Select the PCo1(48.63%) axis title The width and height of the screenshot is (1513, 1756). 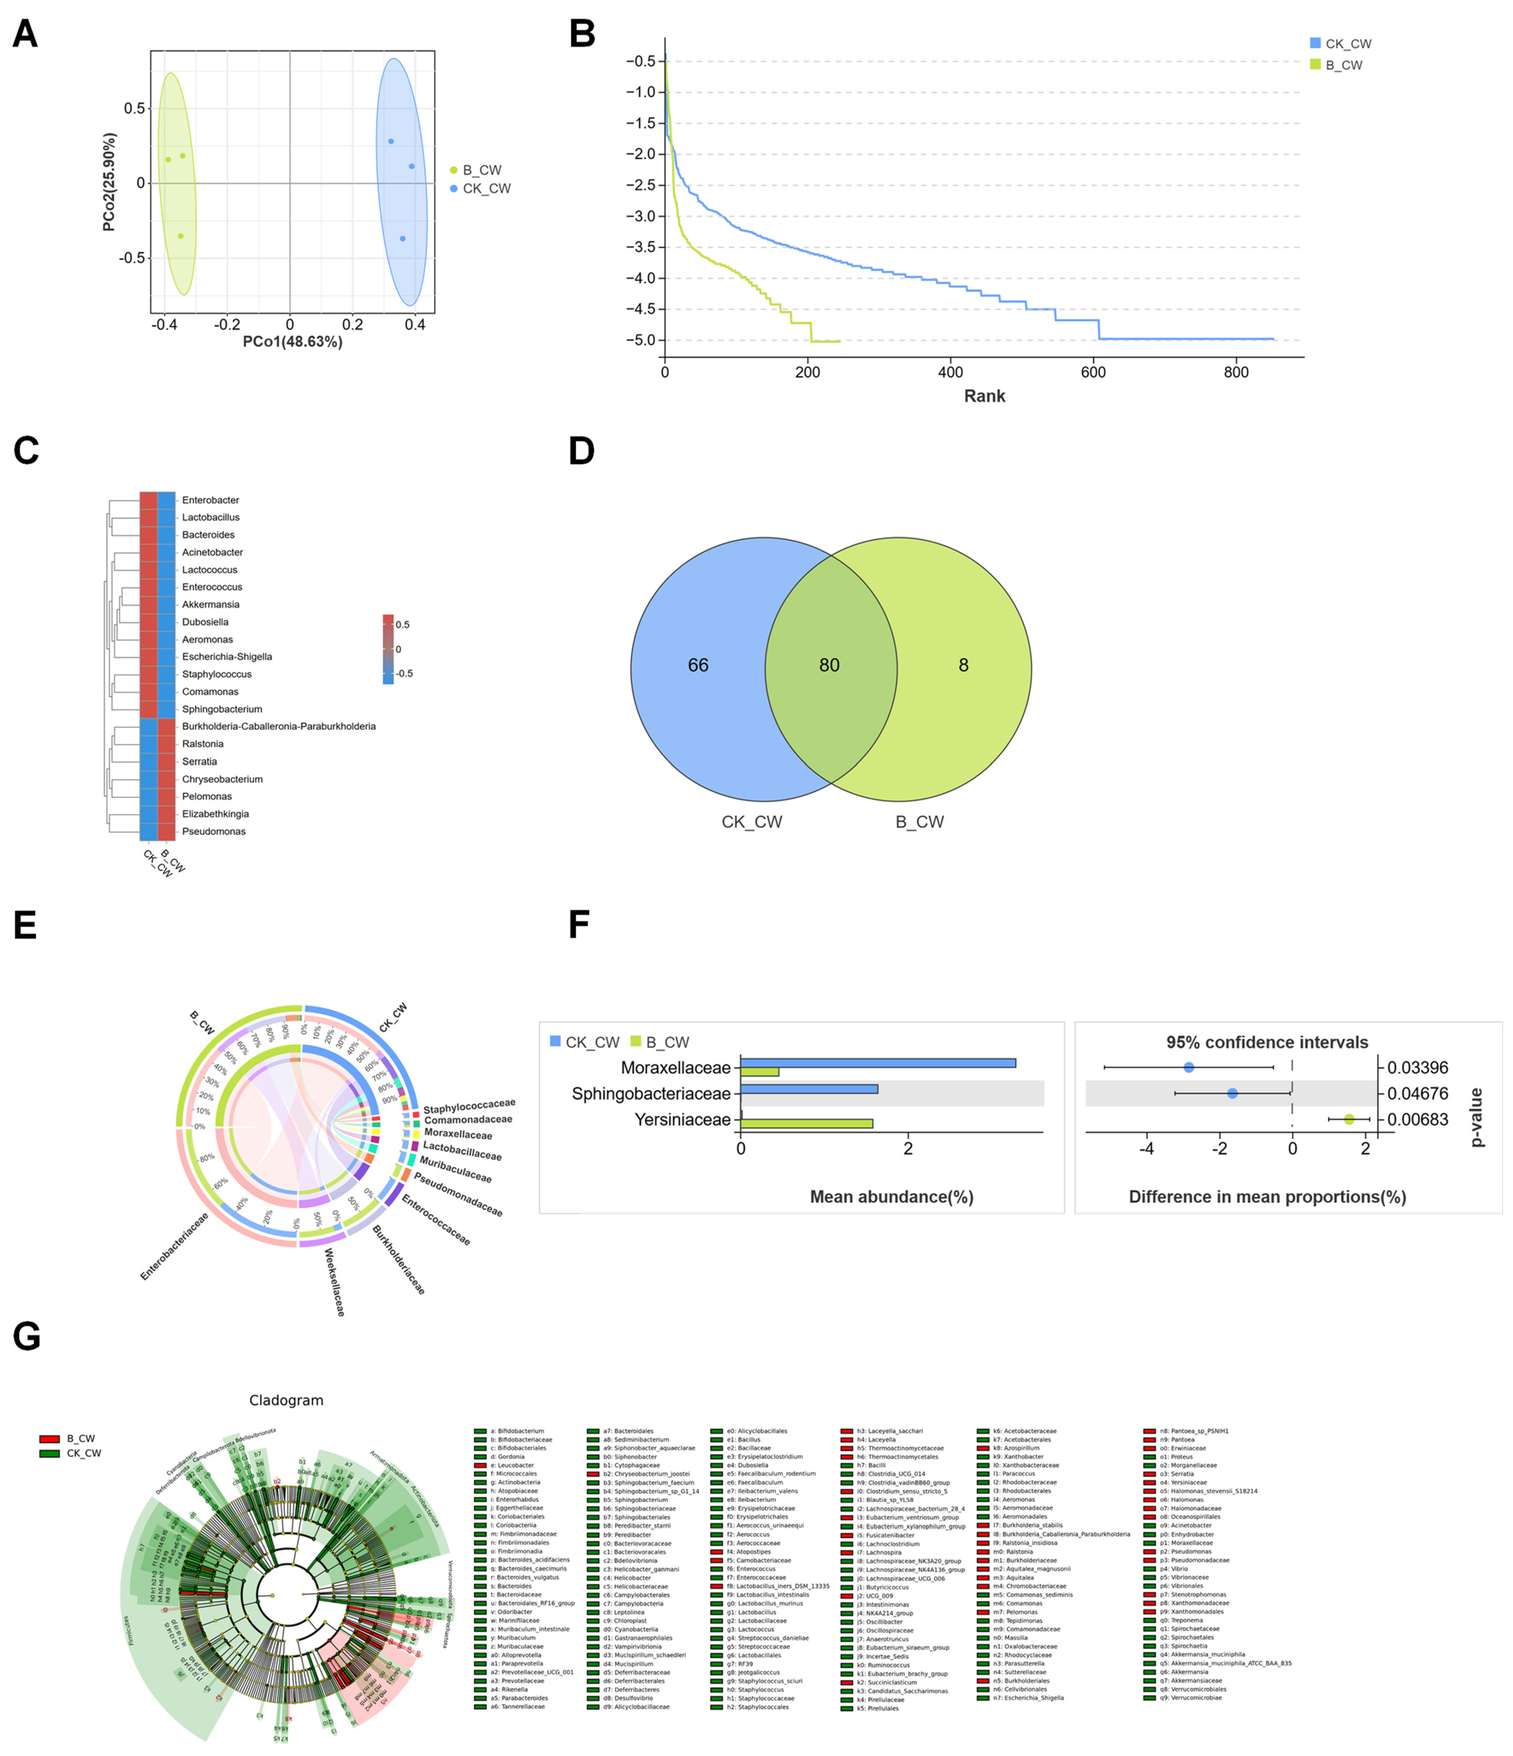(293, 341)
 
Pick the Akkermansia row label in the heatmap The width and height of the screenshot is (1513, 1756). (210, 604)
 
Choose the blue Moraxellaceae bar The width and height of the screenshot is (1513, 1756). (877, 1063)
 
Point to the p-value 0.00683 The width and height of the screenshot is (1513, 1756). (1417, 1119)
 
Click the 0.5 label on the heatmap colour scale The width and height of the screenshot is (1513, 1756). (403, 625)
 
